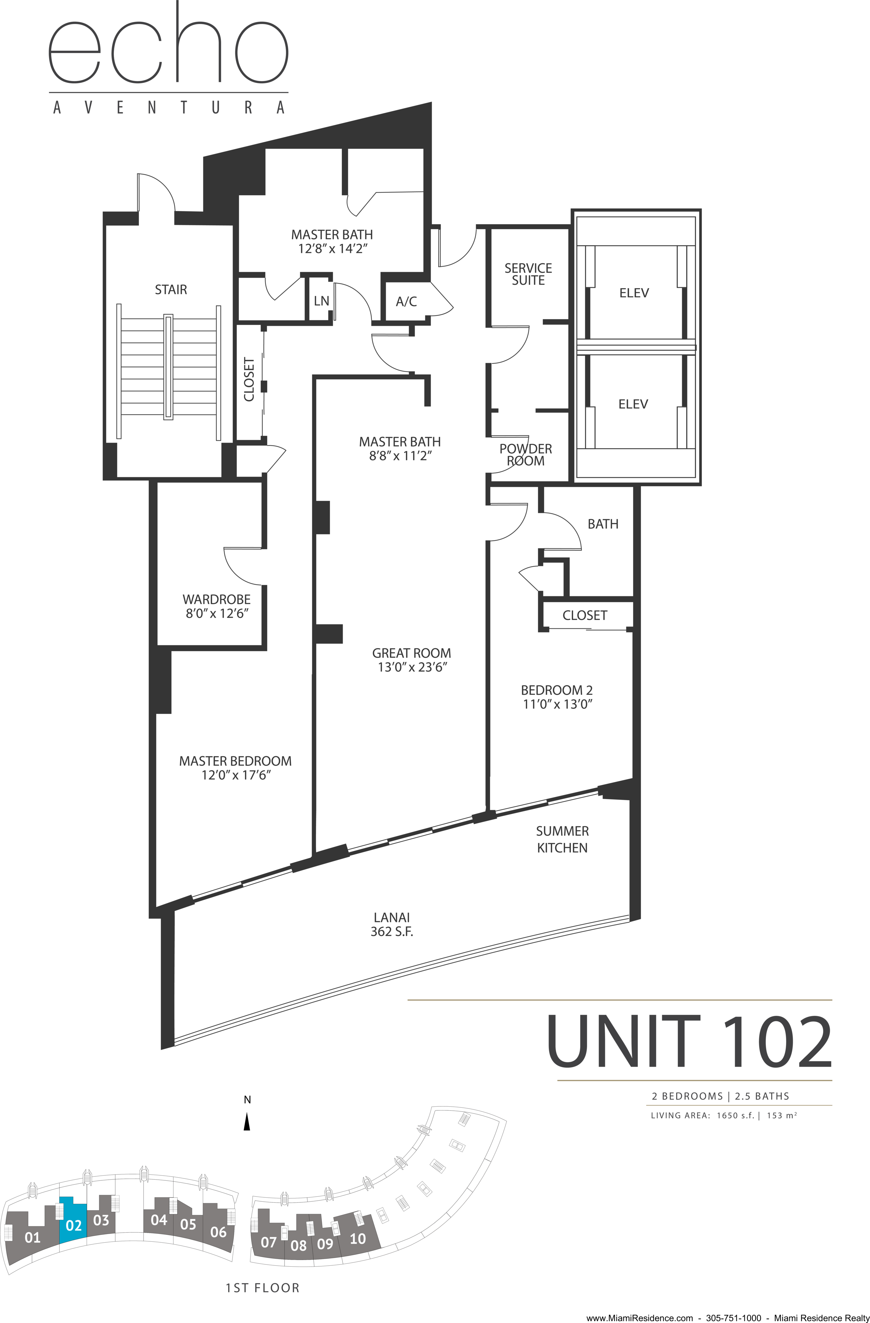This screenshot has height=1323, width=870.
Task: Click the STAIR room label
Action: (x=171, y=290)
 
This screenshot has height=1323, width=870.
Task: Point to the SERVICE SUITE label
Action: (x=528, y=274)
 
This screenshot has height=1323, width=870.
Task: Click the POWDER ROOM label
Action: (x=525, y=454)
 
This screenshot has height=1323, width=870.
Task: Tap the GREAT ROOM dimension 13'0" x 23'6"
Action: (x=412, y=667)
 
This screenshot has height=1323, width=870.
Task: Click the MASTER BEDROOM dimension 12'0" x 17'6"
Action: (x=235, y=775)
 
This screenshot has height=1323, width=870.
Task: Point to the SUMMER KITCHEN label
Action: (x=562, y=839)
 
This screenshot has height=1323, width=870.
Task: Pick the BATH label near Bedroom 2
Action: (x=603, y=524)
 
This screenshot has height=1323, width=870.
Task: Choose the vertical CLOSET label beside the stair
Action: (x=249, y=380)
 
